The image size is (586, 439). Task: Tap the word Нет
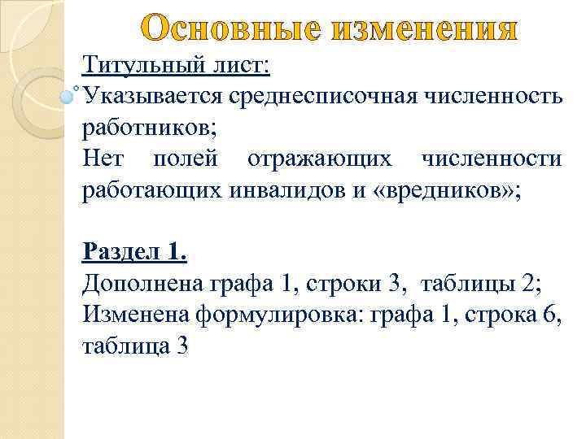click(x=103, y=159)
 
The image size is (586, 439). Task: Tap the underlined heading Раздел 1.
click(x=134, y=252)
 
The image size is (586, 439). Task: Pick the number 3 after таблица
click(x=181, y=346)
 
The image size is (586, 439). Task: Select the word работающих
click(x=150, y=189)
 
